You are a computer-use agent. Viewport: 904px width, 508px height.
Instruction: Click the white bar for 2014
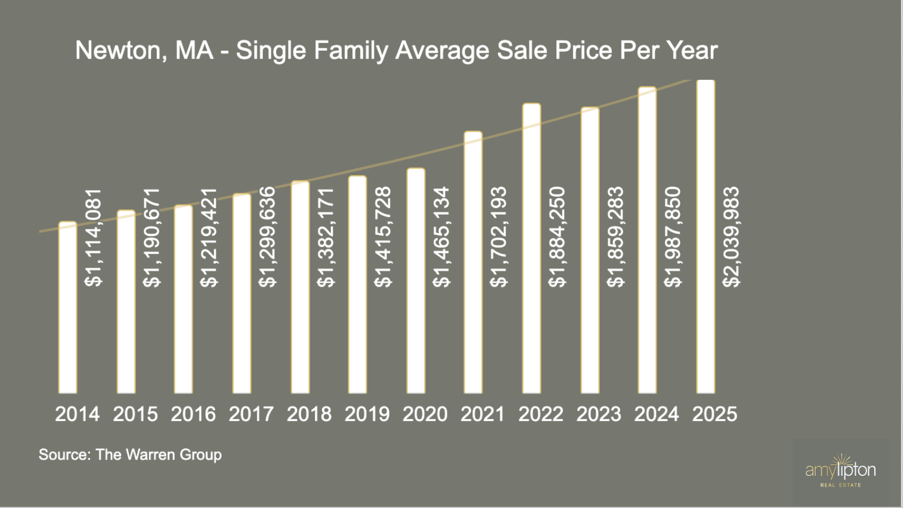(68, 308)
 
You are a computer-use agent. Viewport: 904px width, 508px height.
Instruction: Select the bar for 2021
(473, 262)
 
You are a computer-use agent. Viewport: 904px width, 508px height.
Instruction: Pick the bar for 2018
(300, 287)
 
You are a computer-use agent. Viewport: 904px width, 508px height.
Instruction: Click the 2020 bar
(416, 281)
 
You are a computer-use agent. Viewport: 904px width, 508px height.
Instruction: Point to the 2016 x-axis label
(193, 414)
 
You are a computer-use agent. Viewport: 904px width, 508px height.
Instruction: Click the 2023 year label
(599, 414)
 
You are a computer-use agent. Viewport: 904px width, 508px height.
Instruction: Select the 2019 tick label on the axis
(367, 414)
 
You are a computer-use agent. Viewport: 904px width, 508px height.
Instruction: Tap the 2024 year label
(657, 414)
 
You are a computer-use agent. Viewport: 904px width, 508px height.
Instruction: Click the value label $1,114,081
(94, 238)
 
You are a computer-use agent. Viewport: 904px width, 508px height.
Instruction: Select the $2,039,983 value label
(730, 237)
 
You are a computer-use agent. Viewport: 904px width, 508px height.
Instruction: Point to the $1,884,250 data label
(557, 237)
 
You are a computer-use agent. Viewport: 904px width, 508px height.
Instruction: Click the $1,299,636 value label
(268, 237)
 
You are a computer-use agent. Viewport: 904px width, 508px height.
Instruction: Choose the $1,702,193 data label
(499, 237)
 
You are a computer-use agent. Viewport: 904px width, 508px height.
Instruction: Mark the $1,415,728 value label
(383, 237)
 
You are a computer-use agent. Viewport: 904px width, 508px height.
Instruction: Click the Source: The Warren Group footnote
(130, 454)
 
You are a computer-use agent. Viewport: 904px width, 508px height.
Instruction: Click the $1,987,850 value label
(673, 237)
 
